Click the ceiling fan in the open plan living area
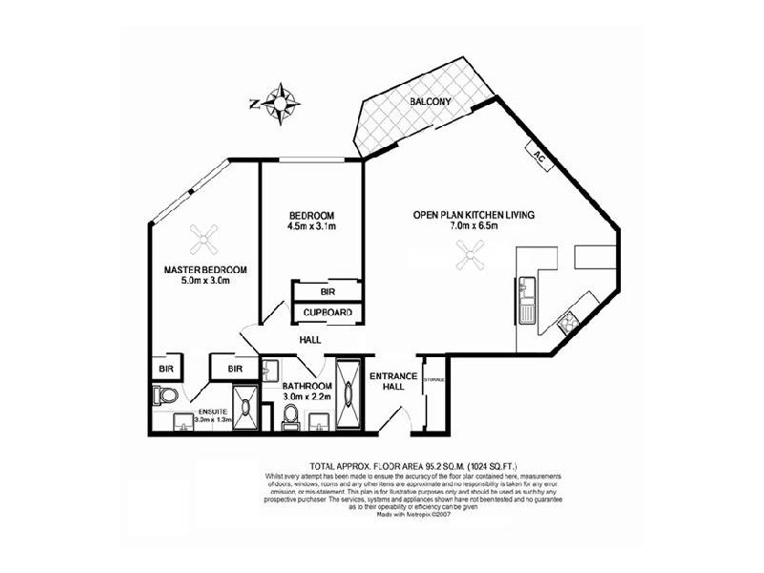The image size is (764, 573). click(471, 254)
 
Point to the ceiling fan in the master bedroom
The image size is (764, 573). click(203, 234)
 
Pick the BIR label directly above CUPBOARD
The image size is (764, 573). click(327, 292)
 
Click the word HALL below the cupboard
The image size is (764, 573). click(309, 340)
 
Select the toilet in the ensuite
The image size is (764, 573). click(163, 394)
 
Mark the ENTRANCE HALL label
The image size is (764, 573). click(393, 383)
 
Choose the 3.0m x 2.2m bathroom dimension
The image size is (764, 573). click(306, 396)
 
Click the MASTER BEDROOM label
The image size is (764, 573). click(203, 270)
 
